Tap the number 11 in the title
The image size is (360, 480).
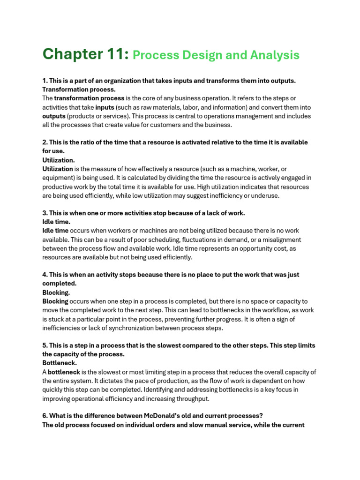coord(115,54)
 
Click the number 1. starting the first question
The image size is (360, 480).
coord(45,81)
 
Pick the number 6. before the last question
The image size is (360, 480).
coord(45,416)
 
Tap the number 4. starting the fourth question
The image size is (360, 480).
coord(45,275)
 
